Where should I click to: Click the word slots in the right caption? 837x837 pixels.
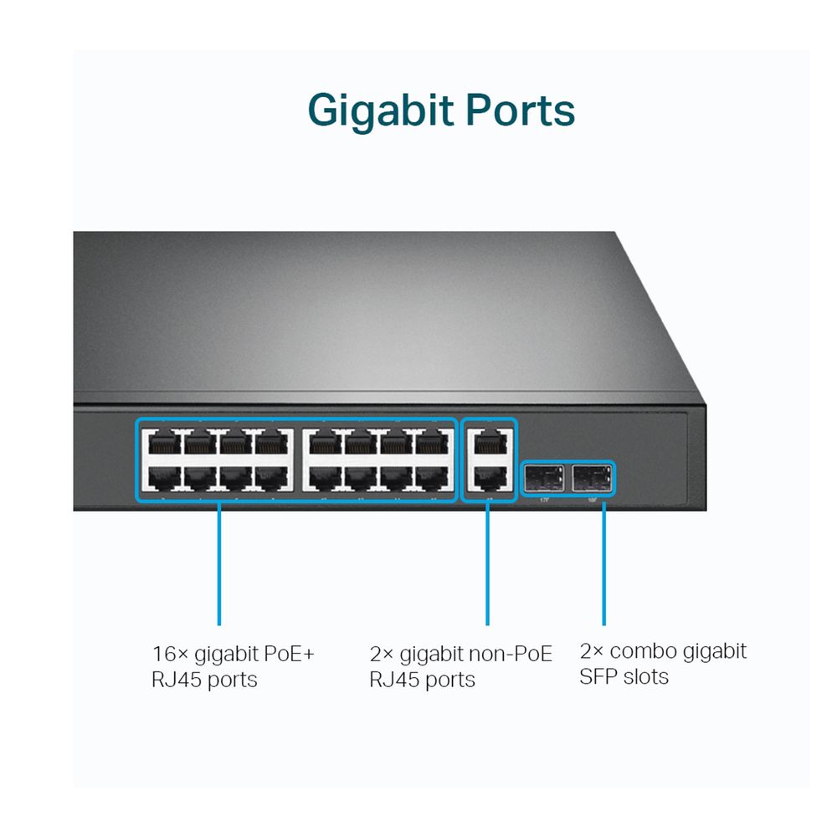pyautogui.click(x=646, y=676)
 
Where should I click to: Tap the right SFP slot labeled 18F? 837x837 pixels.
pyautogui.click(x=593, y=479)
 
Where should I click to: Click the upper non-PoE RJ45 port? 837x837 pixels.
pyautogui.click(x=489, y=442)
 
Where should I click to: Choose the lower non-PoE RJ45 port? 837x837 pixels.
pyautogui.click(x=489, y=478)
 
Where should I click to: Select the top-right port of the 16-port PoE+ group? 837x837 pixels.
pyautogui.click(x=432, y=442)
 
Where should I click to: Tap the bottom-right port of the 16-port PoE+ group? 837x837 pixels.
pyautogui.click(x=432, y=478)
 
